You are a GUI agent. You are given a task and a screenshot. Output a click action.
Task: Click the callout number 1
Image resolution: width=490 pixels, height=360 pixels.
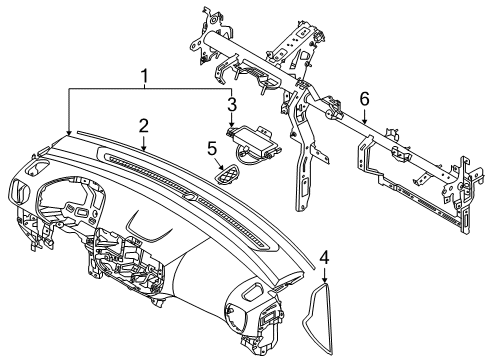(x=146, y=77)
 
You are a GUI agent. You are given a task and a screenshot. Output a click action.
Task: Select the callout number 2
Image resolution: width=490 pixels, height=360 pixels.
(x=144, y=126)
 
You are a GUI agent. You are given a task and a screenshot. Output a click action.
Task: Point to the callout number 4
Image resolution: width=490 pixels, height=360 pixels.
(x=324, y=256)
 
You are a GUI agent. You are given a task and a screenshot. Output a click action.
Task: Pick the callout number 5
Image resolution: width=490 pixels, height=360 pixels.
(x=212, y=150)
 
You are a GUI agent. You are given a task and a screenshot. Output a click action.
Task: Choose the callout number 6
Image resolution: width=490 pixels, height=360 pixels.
(x=365, y=99)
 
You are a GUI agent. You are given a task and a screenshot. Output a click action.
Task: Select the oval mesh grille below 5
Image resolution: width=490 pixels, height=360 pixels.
(x=229, y=175)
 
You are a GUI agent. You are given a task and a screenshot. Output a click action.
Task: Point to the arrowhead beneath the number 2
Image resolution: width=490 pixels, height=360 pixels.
(x=144, y=150)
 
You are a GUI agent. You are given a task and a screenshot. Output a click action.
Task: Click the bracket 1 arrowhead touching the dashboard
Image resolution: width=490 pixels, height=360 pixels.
(x=68, y=134)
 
